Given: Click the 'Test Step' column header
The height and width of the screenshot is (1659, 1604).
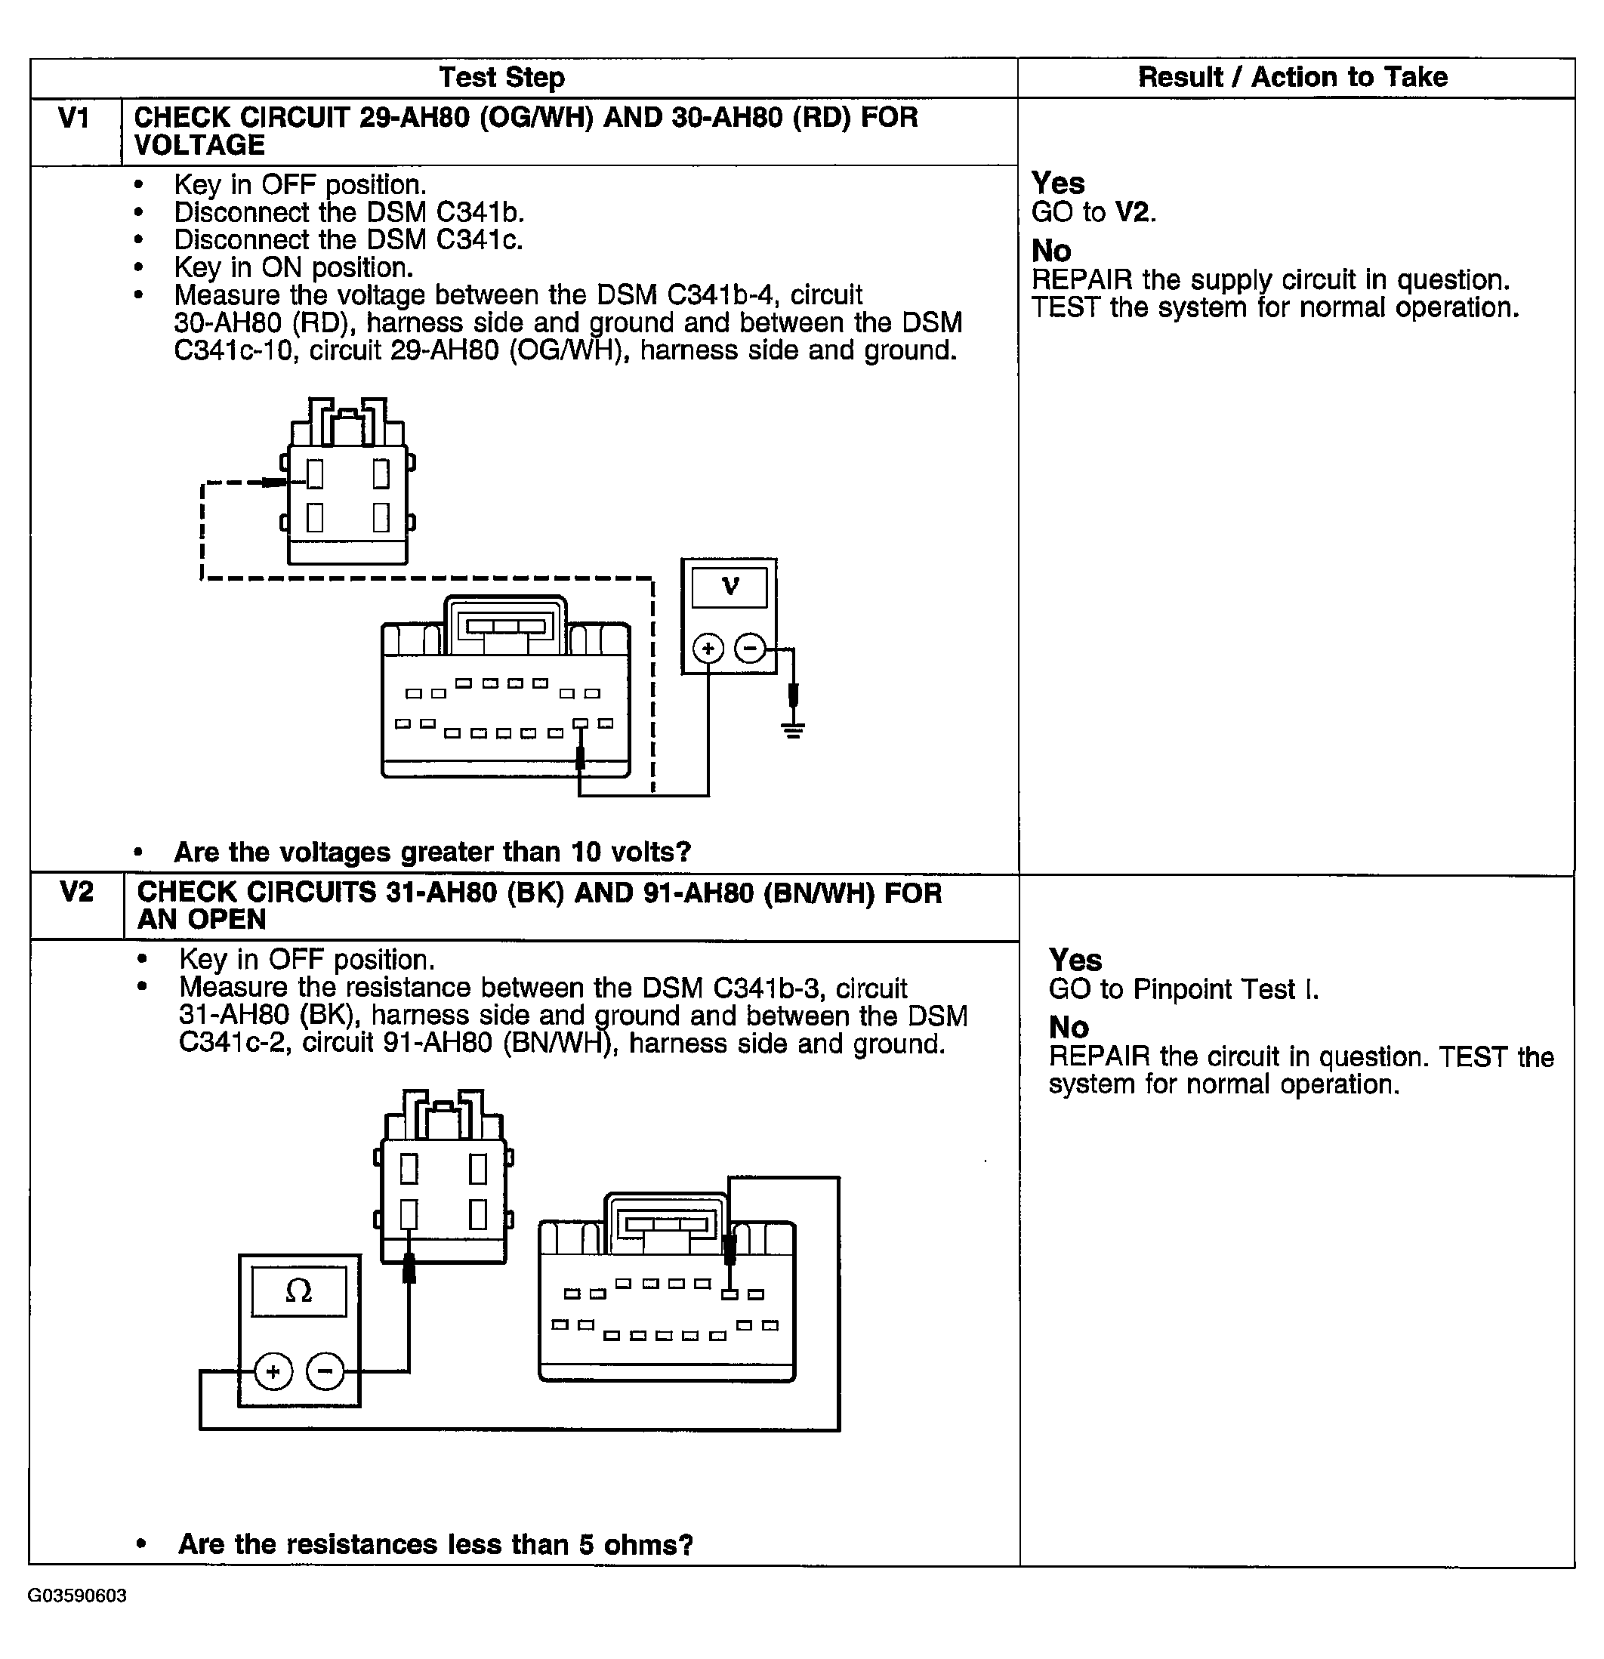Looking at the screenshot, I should (x=501, y=77).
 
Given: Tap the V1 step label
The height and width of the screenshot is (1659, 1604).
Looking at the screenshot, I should (x=75, y=119).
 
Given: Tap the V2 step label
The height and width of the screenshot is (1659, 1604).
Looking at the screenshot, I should (x=76, y=892).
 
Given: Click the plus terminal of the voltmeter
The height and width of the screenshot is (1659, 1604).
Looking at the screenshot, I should (x=708, y=649).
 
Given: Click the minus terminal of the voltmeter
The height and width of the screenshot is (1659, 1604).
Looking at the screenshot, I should (x=749, y=649).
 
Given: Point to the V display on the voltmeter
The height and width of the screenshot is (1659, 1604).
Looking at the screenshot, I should (x=730, y=587).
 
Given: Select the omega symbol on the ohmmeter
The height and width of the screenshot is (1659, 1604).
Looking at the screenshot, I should (x=299, y=1291).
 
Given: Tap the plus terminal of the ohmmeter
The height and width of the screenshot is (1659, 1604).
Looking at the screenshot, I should (x=273, y=1371).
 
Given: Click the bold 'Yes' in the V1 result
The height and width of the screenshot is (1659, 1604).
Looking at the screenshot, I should (x=1057, y=183).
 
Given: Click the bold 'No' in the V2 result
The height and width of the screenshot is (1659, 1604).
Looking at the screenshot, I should (x=1069, y=1027).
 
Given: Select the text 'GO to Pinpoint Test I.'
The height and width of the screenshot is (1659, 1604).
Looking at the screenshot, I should (x=1183, y=988).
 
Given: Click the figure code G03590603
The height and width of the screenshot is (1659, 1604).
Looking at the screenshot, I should (x=77, y=1596).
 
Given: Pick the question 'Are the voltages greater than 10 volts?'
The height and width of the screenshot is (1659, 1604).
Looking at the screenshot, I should (x=432, y=852).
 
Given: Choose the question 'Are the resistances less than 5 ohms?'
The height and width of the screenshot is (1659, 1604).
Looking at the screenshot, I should (x=435, y=1544).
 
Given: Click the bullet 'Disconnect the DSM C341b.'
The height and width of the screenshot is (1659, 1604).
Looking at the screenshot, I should (x=349, y=211).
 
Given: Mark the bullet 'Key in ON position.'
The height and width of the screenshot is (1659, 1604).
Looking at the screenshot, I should (x=293, y=267).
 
